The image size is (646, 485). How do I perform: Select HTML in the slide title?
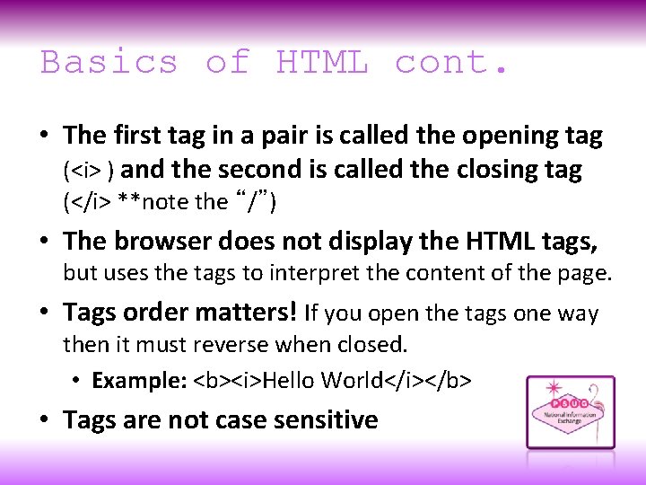322,63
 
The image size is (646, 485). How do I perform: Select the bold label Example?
139,381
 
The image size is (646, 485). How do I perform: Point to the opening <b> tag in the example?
209,381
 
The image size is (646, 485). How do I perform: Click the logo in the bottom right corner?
570,412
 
